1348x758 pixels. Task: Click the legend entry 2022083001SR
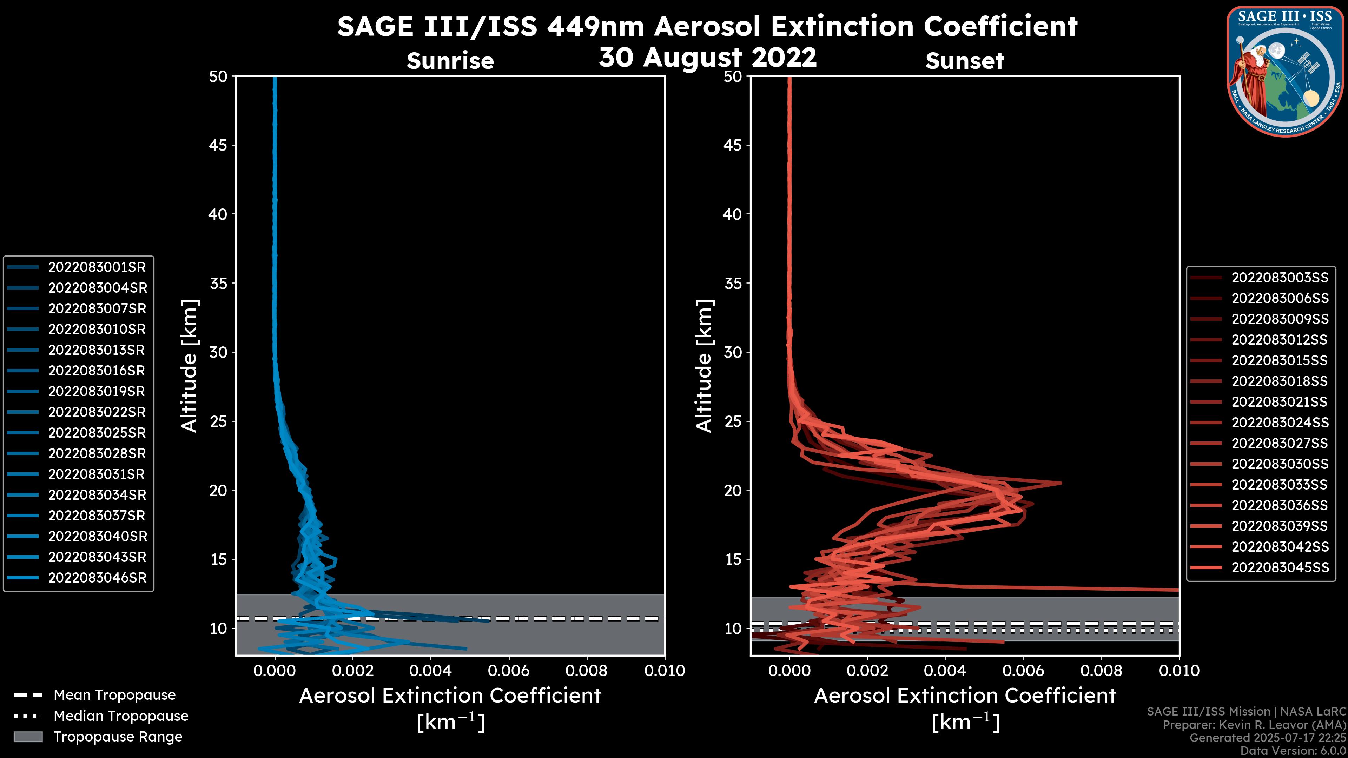pyautogui.click(x=97, y=267)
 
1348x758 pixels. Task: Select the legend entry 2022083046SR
pyautogui.click(x=97, y=578)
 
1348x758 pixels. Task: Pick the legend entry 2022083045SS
pyautogui.click(x=1280, y=567)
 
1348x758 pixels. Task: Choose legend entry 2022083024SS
pyautogui.click(x=1280, y=423)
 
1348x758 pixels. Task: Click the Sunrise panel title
pyautogui.click(x=450, y=61)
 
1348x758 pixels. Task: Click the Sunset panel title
pyautogui.click(x=964, y=61)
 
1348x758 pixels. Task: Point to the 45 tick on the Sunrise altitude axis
pyautogui.click(x=218, y=145)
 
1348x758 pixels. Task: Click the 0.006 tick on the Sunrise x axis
pyautogui.click(x=509, y=671)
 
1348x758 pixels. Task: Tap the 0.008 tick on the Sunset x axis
pyautogui.click(x=1102, y=671)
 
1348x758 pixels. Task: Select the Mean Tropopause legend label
pyautogui.click(x=114, y=695)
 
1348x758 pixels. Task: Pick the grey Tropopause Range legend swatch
pyautogui.click(x=28, y=737)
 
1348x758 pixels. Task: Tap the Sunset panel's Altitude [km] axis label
pyautogui.click(x=704, y=366)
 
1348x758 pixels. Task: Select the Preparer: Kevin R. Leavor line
pyautogui.click(x=1254, y=725)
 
